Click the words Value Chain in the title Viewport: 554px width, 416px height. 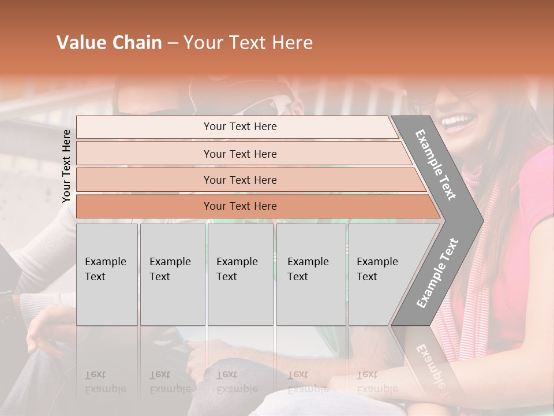pyautogui.click(x=109, y=43)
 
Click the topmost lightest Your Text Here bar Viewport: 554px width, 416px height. pyautogui.click(x=239, y=127)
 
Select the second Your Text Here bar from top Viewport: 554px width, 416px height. pyautogui.click(x=239, y=154)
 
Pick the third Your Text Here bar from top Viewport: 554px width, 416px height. pyautogui.click(x=239, y=180)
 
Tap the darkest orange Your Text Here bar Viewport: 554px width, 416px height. pyautogui.click(x=239, y=206)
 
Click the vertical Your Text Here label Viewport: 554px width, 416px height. pyautogui.click(x=67, y=166)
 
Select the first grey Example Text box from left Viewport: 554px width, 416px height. pyautogui.click(x=107, y=274)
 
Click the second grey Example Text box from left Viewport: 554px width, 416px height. pyautogui.click(x=172, y=274)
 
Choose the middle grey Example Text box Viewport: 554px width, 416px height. pyautogui.click(x=240, y=274)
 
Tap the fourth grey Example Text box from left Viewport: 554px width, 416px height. pyautogui.click(x=310, y=274)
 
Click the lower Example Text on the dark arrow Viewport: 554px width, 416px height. pyautogui.click(x=437, y=273)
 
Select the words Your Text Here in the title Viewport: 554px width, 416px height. pyautogui.click(x=248, y=43)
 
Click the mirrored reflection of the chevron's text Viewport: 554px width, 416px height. pyautogui.click(x=430, y=364)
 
